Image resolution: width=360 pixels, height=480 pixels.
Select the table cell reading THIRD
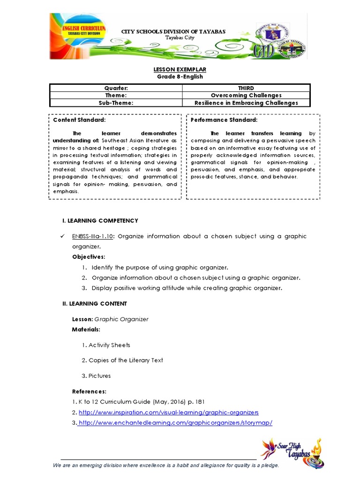(246, 88)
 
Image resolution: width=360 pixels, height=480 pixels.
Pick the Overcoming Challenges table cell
(246, 96)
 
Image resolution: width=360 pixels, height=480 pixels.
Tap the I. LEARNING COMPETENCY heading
(100, 220)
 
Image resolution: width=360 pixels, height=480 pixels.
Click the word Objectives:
(89, 257)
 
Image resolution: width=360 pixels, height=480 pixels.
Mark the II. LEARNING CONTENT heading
(95, 304)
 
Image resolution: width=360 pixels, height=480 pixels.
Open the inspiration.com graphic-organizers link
(169, 412)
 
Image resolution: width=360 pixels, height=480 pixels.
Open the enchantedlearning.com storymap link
(175, 423)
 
